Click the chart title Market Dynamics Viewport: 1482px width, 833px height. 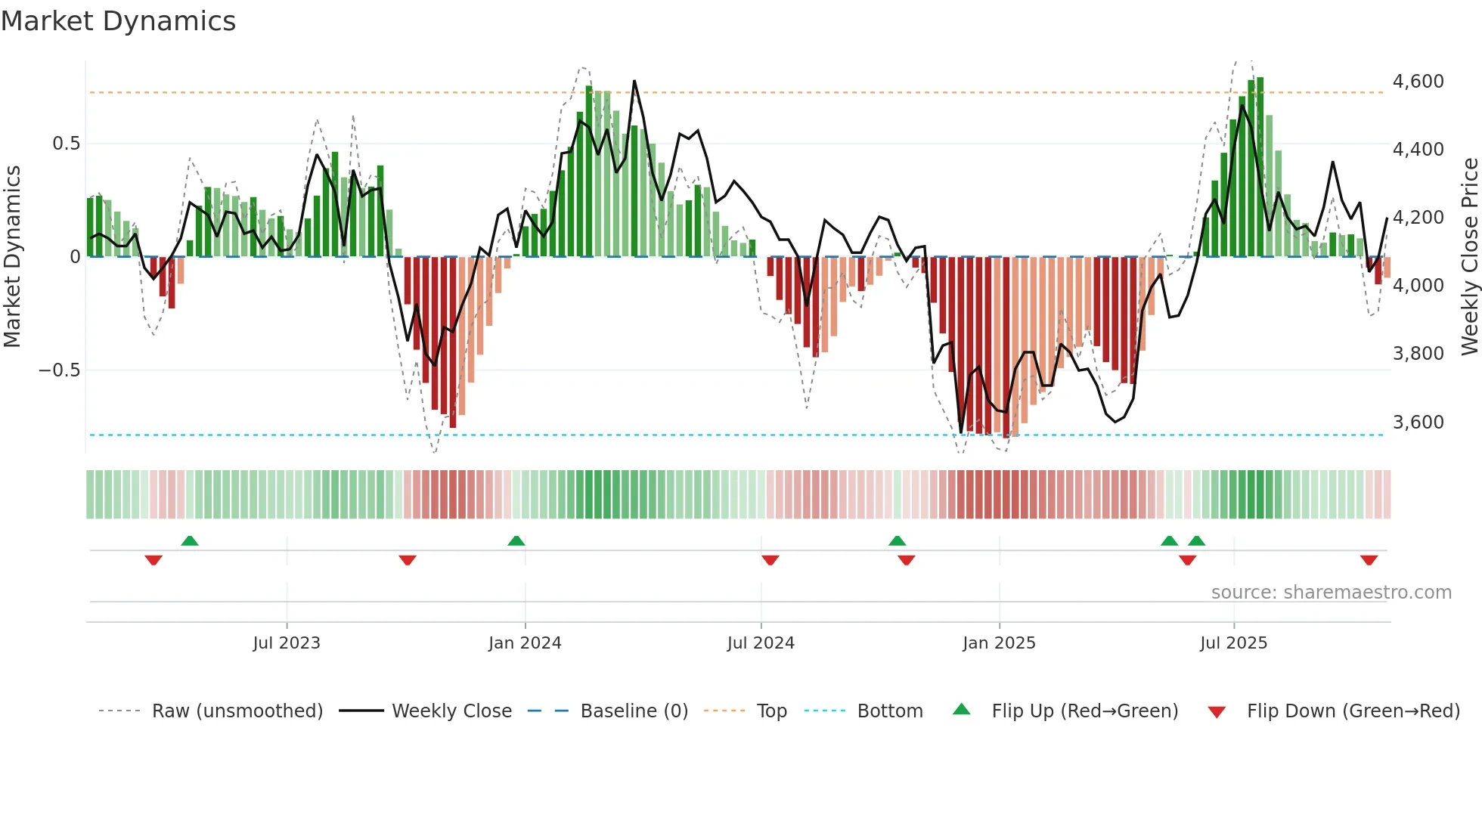118,21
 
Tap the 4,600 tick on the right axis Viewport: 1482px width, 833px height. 1418,82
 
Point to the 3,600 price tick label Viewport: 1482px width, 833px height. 1418,422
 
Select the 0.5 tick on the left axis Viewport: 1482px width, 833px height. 66,144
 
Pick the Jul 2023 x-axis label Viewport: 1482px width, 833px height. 287,643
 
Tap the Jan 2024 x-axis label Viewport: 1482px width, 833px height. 525,643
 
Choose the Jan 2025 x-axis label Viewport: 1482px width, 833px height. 999,643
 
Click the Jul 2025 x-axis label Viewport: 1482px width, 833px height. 1233,643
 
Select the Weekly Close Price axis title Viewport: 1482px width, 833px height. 1469,257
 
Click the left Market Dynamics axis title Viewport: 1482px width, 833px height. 12,257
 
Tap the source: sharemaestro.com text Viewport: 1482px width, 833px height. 1331,593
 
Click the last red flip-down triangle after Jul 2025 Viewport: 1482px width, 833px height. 1369,560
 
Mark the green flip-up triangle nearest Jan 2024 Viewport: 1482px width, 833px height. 516,540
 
